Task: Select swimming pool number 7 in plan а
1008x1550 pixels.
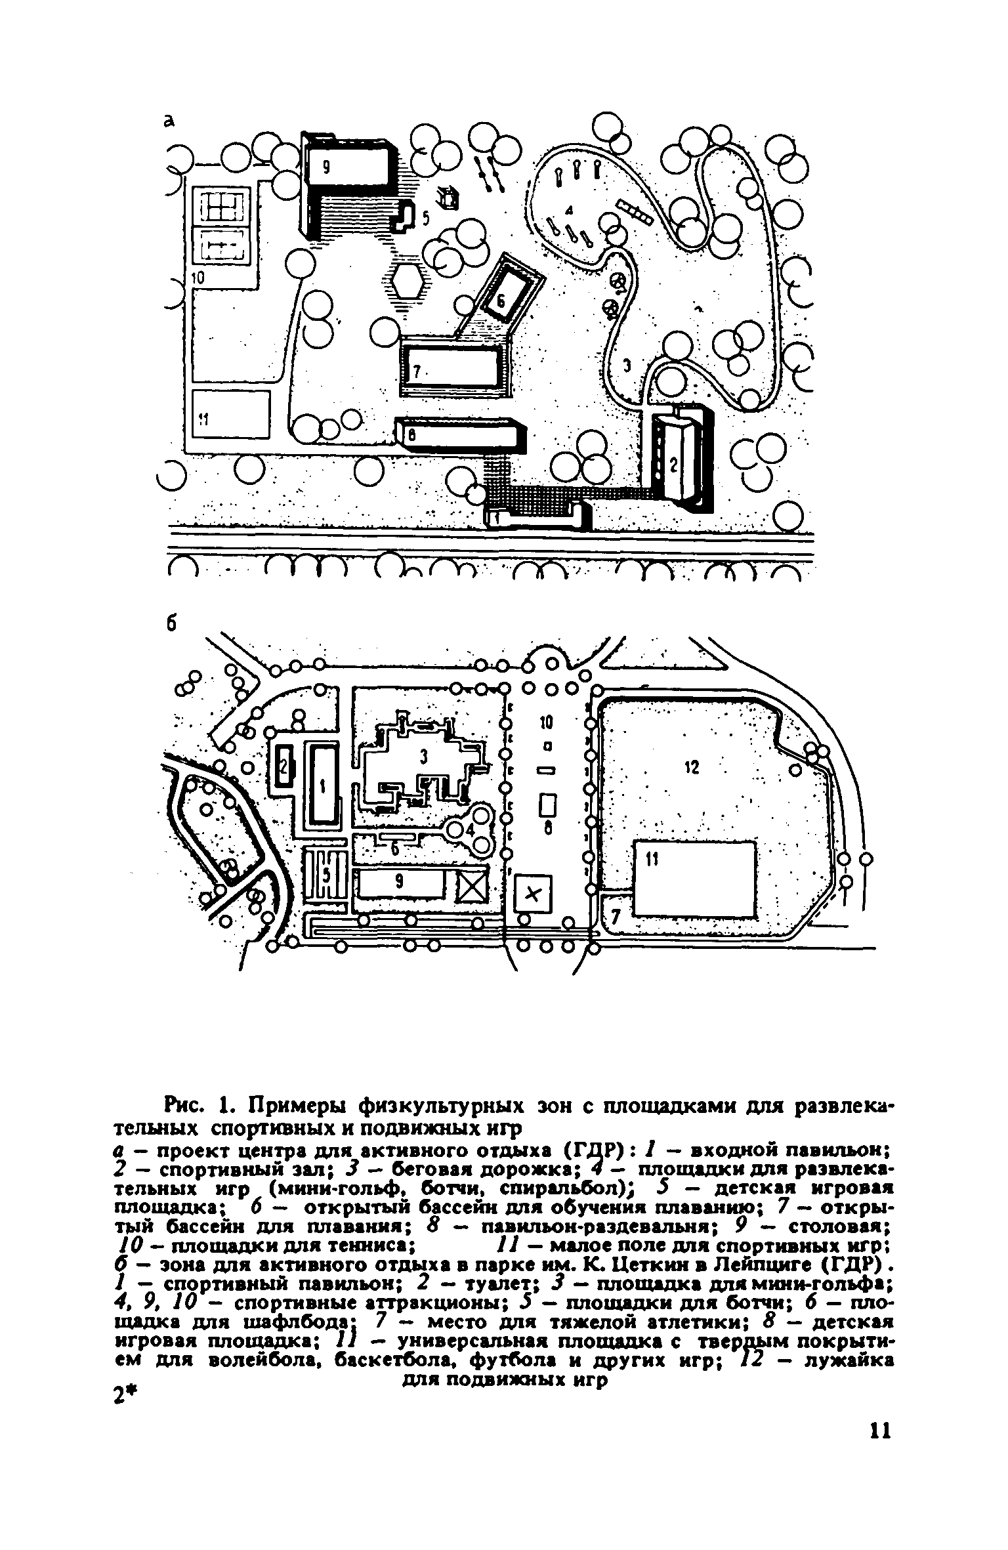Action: (x=453, y=369)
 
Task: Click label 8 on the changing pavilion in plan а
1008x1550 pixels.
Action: (x=412, y=435)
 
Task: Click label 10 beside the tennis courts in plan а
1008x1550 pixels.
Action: (x=198, y=278)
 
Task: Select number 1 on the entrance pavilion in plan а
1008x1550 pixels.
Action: (x=496, y=518)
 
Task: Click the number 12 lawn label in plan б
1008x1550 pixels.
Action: (x=692, y=767)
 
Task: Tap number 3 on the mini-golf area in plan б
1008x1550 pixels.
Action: (x=424, y=758)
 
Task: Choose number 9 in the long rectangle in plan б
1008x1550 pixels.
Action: (x=399, y=883)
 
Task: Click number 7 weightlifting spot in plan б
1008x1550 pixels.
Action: (x=615, y=918)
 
